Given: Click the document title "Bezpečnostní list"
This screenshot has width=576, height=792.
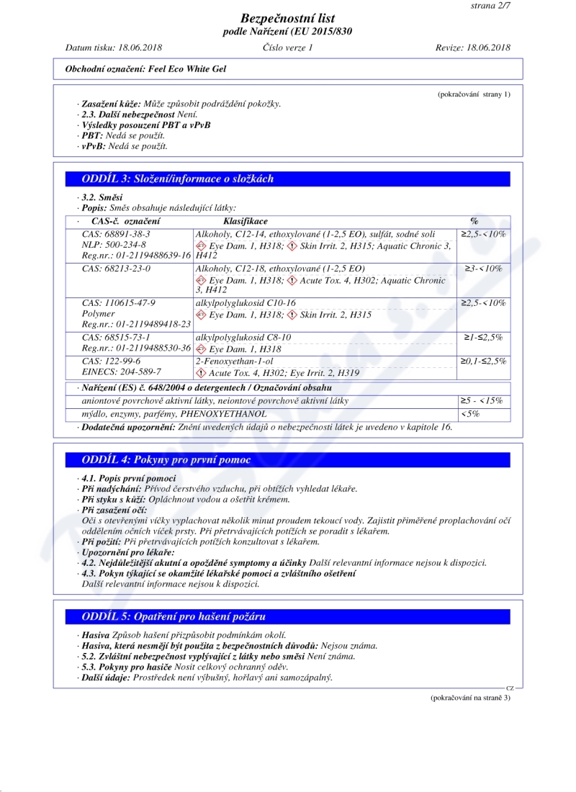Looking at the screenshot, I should click(287, 19).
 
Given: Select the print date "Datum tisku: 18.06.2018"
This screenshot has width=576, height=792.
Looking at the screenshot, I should click(114, 48).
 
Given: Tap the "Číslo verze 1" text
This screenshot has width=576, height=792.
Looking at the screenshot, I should click(288, 48).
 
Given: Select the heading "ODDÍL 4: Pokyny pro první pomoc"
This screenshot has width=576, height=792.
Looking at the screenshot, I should click(167, 459).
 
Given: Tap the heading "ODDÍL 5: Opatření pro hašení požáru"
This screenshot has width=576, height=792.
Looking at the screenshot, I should click(175, 616).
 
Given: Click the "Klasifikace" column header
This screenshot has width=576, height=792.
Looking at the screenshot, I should click(246, 221).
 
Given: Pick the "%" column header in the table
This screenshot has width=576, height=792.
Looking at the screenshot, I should click(474, 221).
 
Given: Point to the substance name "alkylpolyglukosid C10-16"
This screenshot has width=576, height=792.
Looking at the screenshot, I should click(246, 303).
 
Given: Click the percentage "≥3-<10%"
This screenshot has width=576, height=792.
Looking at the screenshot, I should click(484, 269).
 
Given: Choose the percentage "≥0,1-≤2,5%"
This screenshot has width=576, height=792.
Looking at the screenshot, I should click(484, 361).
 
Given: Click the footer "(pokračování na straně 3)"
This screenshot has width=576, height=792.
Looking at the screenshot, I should click(470, 698).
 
